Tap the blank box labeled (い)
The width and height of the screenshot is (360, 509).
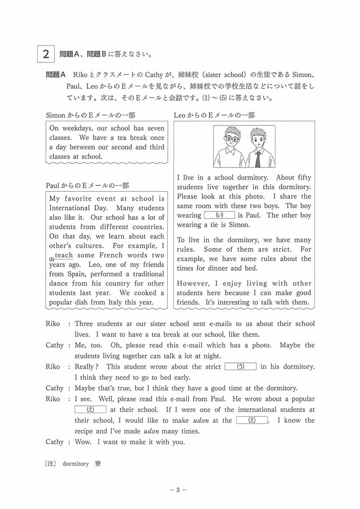click(219, 215)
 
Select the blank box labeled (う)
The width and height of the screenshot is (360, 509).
click(240, 366)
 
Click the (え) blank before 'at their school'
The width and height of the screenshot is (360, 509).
click(91, 409)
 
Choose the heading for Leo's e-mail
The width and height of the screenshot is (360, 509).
click(214, 115)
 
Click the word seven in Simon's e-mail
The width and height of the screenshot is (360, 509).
click(154, 128)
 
